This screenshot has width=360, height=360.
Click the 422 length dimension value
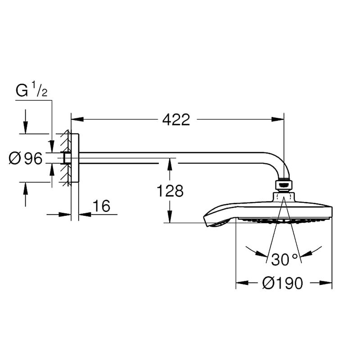[x=176, y=120]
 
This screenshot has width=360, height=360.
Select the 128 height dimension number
[x=170, y=191]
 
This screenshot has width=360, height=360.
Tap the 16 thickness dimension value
[x=102, y=206]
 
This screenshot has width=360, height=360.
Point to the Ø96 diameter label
[x=26, y=158]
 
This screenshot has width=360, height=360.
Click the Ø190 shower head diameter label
[x=283, y=283]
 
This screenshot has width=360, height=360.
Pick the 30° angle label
[x=284, y=260]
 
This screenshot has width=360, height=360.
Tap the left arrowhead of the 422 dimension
[x=77, y=119]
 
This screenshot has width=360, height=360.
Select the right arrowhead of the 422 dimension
[x=278, y=119]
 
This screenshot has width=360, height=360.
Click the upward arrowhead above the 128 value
[x=170, y=164]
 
